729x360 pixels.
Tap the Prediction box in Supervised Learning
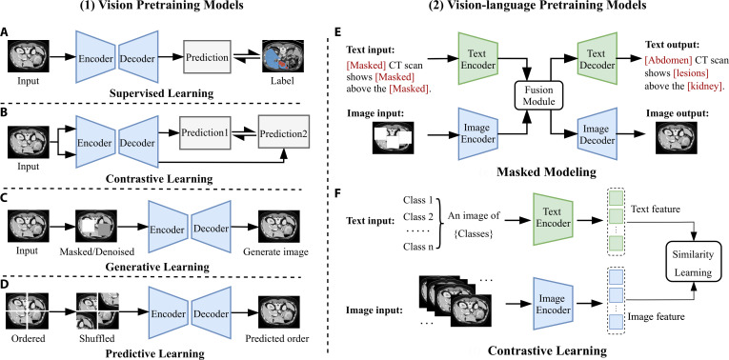pyautogui.click(x=208, y=57)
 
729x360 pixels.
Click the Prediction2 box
pyautogui.click(x=284, y=133)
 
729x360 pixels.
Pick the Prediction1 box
pyautogui.click(x=205, y=132)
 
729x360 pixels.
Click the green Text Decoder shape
pyautogui.click(x=597, y=59)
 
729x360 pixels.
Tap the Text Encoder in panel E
pyautogui.click(x=477, y=58)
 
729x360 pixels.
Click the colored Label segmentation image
pyautogui.click(x=281, y=57)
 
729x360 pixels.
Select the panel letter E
pyautogui.click(x=339, y=32)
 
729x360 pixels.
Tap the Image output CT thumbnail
pyautogui.click(x=674, y=137)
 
